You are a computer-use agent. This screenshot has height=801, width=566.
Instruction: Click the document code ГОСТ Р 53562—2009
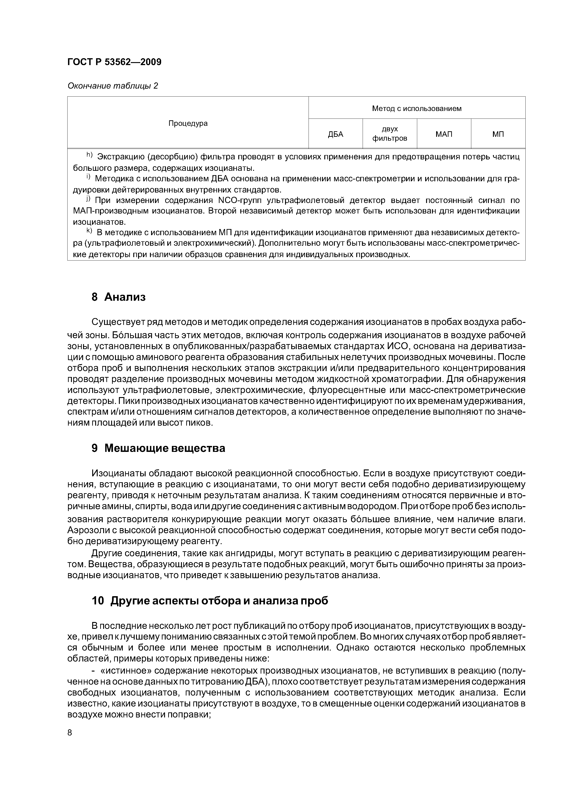[x=114, y=62]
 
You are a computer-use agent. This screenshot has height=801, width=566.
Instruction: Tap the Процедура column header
[x=188, y=123]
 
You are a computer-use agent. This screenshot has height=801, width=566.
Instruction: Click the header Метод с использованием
[x=417, y=108]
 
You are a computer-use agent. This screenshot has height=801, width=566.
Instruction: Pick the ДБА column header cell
[x=335, y=134]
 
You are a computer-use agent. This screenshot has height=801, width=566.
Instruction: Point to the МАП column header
[x=444, y=134]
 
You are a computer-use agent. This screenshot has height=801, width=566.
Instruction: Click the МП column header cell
[x=498, y=134]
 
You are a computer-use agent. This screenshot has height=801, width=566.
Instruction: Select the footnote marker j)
[x=89, y=199]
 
